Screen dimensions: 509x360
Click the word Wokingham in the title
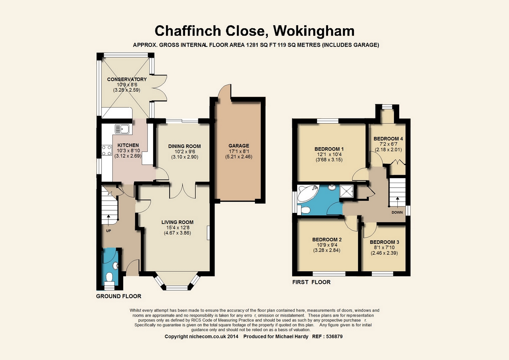(x=314, y=31)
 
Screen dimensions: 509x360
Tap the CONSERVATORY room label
(x=127, y=79)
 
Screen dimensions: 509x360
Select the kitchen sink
(x=122, y=129)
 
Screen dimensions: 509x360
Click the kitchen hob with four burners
(x=107, y=151)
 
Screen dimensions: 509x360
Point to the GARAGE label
(x=239, y=146)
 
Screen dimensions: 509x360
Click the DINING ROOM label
(x=184, y=146)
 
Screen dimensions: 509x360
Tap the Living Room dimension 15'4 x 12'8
(x=177, y=228)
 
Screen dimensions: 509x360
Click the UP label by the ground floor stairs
(x=109, y=231)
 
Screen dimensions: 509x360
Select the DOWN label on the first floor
(x=397, y=212)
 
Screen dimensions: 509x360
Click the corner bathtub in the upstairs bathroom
(x=308, y=193)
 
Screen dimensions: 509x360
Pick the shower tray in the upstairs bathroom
(x=347, y=191)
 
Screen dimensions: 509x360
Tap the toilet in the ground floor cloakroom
(x=110, y=277)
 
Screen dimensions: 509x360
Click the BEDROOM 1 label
(x=329, y=149)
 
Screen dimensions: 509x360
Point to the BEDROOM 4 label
(x=388, y=138)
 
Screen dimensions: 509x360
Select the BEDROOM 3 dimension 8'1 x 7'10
(x=384, y=248)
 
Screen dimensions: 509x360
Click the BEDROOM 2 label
(x=327, y=240)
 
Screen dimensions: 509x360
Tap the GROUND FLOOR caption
(x=119, y=296)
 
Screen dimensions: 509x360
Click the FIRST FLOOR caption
(x=311, y=282)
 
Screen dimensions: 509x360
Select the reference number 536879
(x=333, y=337)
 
